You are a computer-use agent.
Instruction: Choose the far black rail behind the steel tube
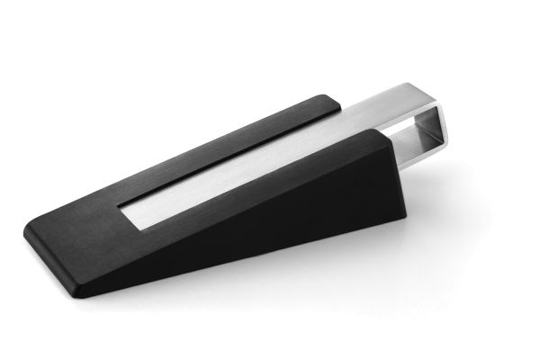tap(225, 126)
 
